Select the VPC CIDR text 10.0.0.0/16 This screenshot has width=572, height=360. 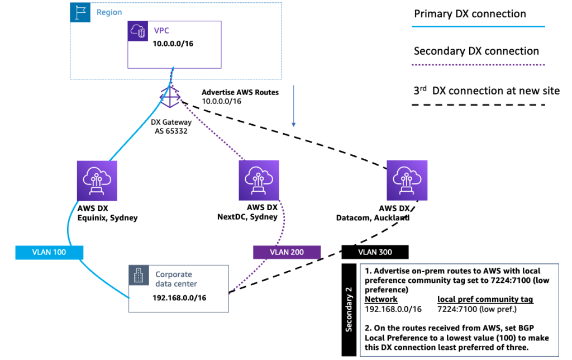click(174, 43)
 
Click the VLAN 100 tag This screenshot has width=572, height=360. click(50, 252)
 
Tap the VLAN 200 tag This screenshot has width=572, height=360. click(287, 252)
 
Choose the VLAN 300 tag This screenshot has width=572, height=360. click(375, 252)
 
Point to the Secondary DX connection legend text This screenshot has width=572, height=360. click(476, 51)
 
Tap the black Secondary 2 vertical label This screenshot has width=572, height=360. click(349, 309)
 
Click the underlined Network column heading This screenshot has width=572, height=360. click(380, 299)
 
